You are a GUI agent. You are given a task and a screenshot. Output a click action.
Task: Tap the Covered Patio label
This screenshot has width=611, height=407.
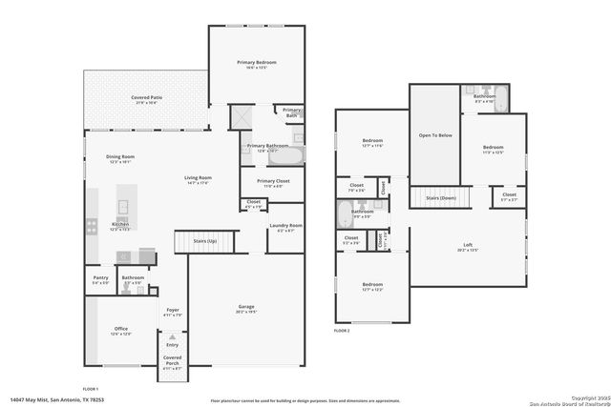[x=145, y=98]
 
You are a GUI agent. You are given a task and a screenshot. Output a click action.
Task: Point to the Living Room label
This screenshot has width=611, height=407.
[x=198, y=179]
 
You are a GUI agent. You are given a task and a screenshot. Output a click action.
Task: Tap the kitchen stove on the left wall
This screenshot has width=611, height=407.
[x=92, y=226]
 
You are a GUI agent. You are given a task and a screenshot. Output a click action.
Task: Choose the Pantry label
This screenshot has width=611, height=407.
[x=100, y=279]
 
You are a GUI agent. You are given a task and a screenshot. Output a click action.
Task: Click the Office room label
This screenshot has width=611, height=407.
[x=120, y=331]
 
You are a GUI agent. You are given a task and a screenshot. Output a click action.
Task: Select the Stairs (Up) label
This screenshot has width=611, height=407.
[x=205, y=242]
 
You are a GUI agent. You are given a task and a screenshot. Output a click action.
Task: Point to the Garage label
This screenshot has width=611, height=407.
[x=246, y=308]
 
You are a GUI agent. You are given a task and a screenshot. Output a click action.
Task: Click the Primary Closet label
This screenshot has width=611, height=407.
[x=274, y=182]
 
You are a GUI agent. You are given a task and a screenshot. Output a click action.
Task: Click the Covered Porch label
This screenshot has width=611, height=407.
[x=172, y=359]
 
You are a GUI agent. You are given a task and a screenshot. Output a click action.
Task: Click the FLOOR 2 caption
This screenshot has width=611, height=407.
[x=343, y=329]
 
